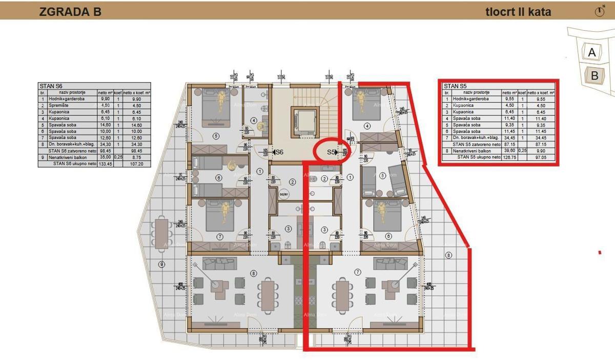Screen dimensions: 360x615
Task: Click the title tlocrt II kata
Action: (518, 12)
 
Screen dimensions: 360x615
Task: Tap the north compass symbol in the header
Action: (600, 11)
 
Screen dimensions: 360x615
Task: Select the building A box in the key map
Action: (592, 52)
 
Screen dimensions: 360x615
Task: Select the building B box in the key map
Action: (594, 76)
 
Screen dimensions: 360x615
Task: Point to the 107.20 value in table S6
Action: (136, 164)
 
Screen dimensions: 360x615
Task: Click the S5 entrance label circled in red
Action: (332, 152)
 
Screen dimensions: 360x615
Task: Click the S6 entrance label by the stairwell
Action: (279, 152)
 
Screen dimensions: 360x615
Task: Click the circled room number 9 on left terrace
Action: (161, 265)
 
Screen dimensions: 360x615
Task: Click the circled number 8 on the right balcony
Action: (448, 255)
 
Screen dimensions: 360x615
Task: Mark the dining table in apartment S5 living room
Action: (342, 292)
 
